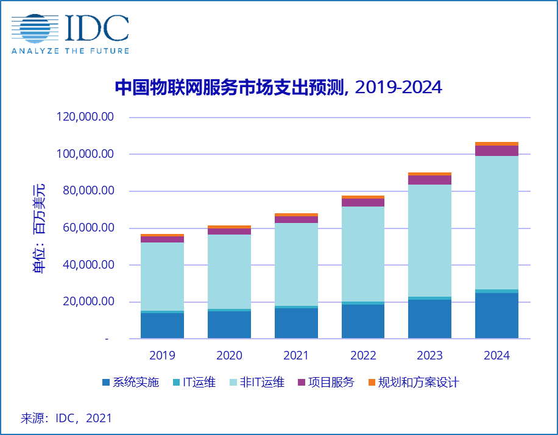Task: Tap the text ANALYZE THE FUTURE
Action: [x=71, y=51]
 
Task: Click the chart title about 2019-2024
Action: [x=278, y=88]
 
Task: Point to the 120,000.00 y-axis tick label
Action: [x=85, y=117]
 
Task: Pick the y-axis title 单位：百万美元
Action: [x=39, y=228]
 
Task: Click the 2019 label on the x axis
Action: [x=162, y=355]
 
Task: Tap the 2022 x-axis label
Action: [x=363, y=355]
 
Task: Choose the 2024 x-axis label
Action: [x=497, y=355]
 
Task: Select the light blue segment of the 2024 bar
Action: [x=497, y=222]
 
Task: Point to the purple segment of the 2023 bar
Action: [x=430, y=180]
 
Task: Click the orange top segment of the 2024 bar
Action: [x=497, y=144]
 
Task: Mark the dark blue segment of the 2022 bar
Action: [x=363, y=321]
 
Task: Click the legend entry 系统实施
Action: [x=131, y=383]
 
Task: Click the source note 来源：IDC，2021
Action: [x=66, y=419]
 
